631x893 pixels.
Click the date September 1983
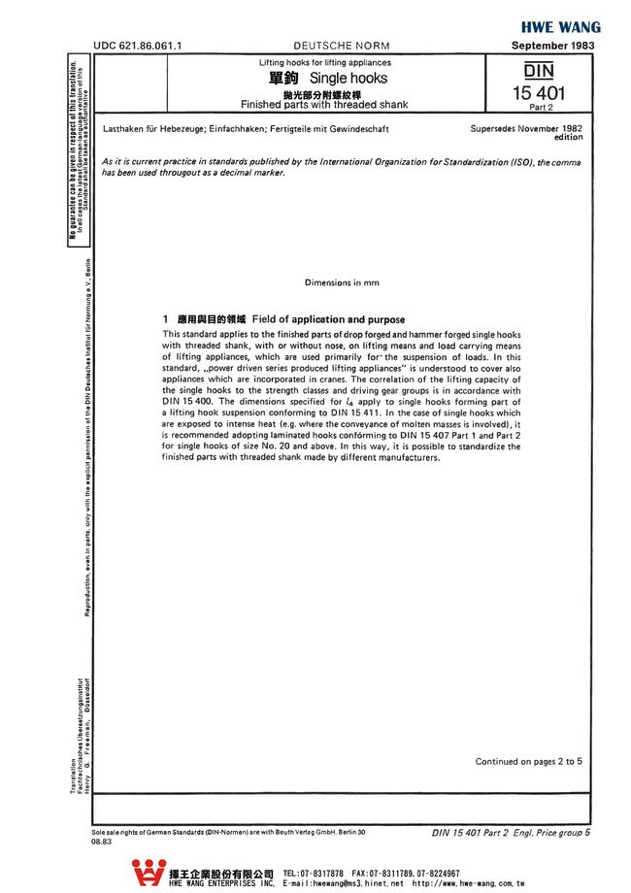[553, 46]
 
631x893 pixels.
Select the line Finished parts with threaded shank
[324, 104]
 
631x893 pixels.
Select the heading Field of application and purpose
[328, 319]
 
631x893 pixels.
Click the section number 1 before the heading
[166, 319]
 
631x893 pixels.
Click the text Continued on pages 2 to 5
[528, 761]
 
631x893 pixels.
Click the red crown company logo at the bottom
[148, 874]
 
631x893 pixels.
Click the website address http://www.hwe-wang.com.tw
[468, 884]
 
